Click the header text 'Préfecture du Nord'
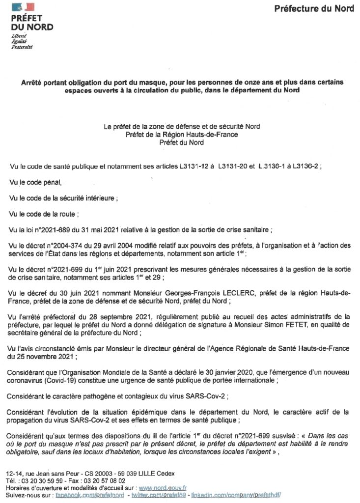pos(314,8)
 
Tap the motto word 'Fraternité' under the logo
pos(22,47)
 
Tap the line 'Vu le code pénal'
pos(36,183)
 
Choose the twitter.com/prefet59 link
pos(159,495)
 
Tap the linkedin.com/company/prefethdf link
pos(236,495)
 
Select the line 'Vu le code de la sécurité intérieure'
pos(64,198)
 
